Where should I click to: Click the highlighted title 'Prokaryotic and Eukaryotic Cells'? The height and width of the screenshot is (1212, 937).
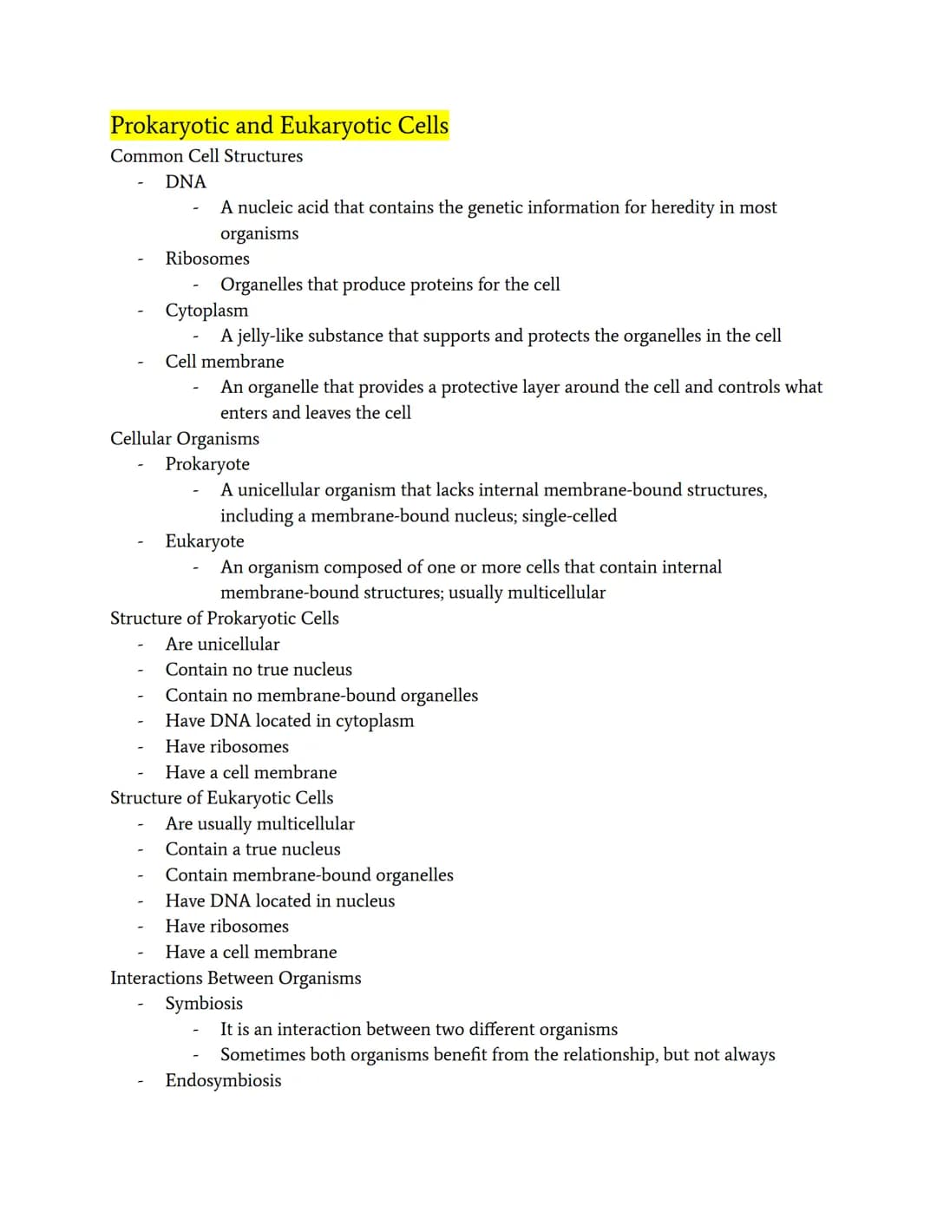(x=279, y=126)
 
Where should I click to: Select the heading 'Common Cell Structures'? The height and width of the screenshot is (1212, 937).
(x=206, y=156)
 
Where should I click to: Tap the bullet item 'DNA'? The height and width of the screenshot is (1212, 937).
(x=186, y=182)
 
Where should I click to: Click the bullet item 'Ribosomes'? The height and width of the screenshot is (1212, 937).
(x=207, y=259)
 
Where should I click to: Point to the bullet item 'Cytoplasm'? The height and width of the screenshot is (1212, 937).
(x=206, y=311)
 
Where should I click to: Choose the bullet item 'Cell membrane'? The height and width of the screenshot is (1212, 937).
(x=225, y=362)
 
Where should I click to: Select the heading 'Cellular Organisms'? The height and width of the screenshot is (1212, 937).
(x=185, y=439)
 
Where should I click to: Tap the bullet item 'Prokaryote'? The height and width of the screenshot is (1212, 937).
(x=207, y=464)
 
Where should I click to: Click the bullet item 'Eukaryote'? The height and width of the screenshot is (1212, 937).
(x=205, y=541)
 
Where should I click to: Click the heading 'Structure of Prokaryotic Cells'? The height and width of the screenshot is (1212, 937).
(x=225, y=619)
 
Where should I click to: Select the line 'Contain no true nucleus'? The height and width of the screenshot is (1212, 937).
(x=259, y=670)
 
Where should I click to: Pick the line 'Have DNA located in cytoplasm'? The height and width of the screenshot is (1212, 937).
(x=290, y=721)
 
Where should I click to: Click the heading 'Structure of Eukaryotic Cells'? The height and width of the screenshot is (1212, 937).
(x=221, y=798)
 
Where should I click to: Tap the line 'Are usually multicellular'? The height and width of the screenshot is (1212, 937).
(x=260, y=824)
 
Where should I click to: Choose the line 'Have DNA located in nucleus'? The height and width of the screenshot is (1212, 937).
(x=280, y=901)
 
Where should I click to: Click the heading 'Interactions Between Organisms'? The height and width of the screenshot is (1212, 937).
(x=236, y=979)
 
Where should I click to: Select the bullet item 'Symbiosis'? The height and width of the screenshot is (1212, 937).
(x=204, y=1004)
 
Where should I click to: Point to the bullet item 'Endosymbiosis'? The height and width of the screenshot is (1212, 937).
(x=223, y=1081)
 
